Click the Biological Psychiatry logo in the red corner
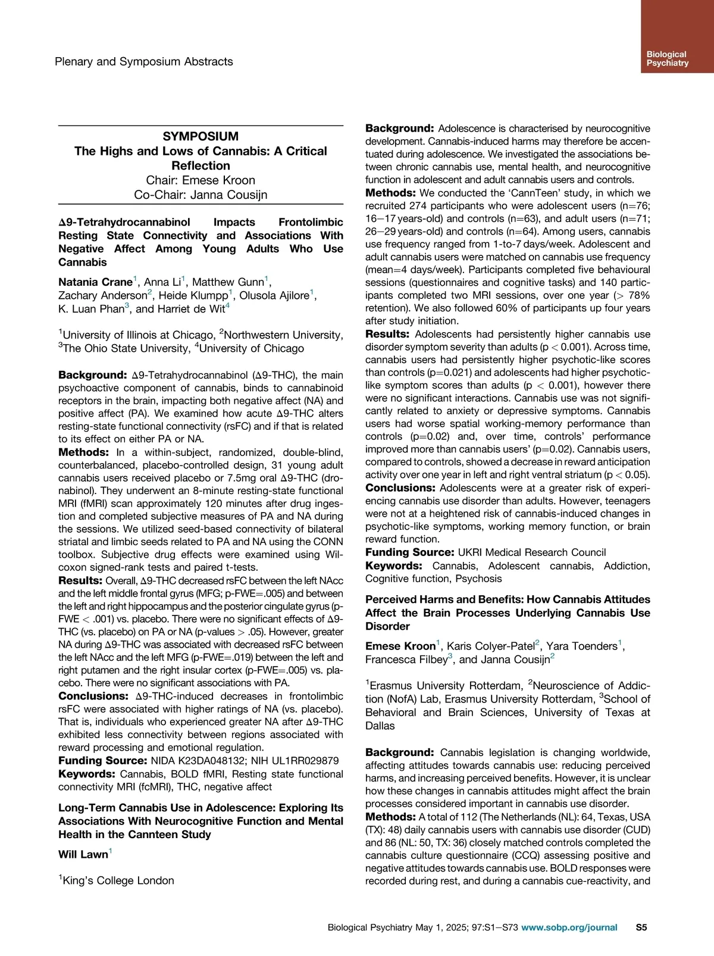[667, 58]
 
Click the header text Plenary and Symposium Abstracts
[143, 61]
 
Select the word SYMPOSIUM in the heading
[201, 136]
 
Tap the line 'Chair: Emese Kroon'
[201, 180]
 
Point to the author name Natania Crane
[95, 282]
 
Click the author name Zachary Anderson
[102, 295]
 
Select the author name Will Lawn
[83, 855]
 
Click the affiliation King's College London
[118, 880]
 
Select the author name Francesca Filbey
[406, 660]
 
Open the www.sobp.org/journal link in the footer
[569, 927]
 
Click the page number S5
[641, 927]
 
